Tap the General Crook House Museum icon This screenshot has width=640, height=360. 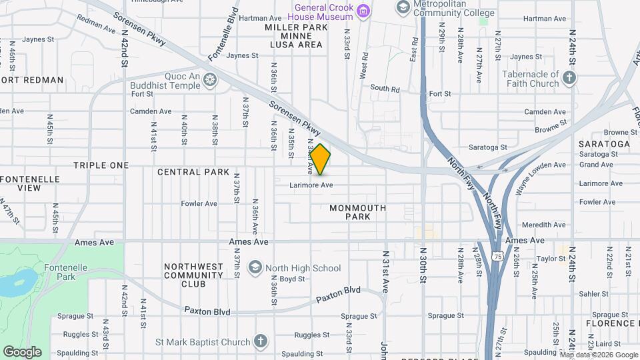(363, 10)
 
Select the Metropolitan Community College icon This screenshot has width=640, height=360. (403, 7)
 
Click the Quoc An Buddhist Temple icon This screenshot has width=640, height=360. (210, 80)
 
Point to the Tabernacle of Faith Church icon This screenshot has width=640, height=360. (569, 79)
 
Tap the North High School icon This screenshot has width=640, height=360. (254, 268)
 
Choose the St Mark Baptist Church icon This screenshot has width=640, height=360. (260, 342)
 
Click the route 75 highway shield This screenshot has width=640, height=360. (497, 256)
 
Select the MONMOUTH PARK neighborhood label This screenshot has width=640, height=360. (358, 212)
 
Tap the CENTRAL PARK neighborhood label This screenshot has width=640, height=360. (189, 172)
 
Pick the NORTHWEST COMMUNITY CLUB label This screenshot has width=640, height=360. (193, 275)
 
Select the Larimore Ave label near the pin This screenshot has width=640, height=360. (311, 185)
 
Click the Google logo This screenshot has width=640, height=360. (22, 351)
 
